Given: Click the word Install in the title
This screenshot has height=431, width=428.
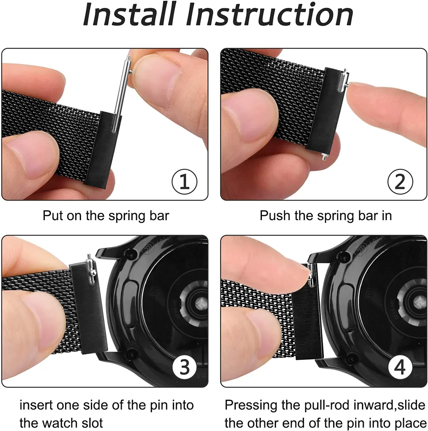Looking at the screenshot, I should click(129, 14).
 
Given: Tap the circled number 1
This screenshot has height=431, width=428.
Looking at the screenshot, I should click(184, 182).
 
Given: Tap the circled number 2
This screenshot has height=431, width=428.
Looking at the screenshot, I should click(400, 182).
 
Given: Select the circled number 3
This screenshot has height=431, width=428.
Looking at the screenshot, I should click(184, 367).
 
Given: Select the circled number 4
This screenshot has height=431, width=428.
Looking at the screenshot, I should click(400, 367).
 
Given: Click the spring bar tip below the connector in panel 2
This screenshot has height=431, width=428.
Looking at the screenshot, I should click(324, 157).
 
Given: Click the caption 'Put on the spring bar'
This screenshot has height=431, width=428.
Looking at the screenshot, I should click(106, 216).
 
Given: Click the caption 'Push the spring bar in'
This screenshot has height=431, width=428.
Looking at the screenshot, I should click(326, 216).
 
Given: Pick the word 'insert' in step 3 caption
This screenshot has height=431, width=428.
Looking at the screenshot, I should click(36, 405).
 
